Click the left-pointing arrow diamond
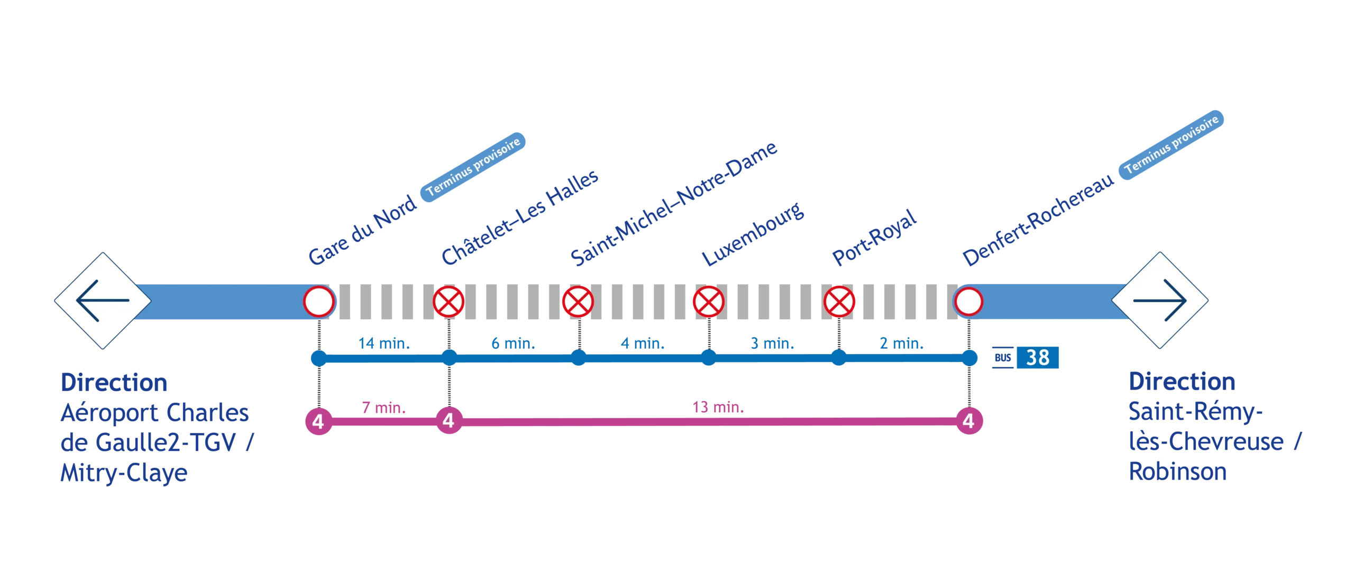tap(103, 301)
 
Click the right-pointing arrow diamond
tap(1159, 301)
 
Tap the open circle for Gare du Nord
tap(319, 302)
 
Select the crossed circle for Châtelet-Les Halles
tap(449, 302)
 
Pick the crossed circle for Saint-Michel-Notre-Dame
tap(578, 302)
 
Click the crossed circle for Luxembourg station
tap(708, 302)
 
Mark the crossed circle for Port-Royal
tap(839, 302)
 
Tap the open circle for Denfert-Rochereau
tap(968, 302)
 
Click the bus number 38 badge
tap(1037, 358)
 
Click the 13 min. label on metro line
tap(718, 408)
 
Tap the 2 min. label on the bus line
tap(902, 344)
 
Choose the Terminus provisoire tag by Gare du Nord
tap(474, 165)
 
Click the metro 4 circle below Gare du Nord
tap(318, 421)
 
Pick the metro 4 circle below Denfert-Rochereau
tap(968, 421)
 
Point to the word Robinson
tap(1178, 472)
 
